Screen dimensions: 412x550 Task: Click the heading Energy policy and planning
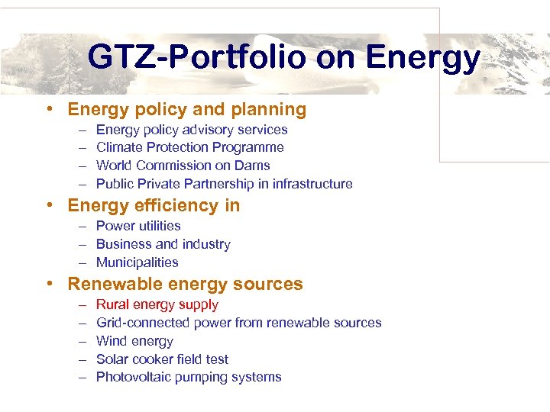pyautogui.click(x=186, y=110)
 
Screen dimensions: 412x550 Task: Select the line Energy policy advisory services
pyautogui.click(x=192, y=130)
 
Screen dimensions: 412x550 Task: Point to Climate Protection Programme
pyautogui.click(x=189, y=147)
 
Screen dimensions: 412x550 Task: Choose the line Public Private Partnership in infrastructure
pyautogui.click(x=224, y=184)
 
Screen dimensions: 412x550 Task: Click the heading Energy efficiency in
pyautogui.click(x=154, y=206)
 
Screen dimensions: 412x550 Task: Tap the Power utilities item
pyautogui.click(x=138, y=226)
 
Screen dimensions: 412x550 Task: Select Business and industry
pyautogui.click(x=163, y=244)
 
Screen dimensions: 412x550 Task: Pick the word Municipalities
pyautogui.click(x=137, y=262)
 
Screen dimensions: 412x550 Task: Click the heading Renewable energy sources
pyautogui.click(x=185, y=285)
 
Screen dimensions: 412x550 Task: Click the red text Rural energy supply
pyautogui.click(x=157, y=304)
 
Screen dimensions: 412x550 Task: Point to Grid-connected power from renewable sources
pyautogui.click(x=238, y=323)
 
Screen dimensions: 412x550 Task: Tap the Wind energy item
pyautogui.click(x=134, y=341)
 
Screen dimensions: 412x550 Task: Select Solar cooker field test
pyautogui.click(x=162, y=359)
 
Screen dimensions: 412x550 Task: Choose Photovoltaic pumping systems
pyautogui.click(x=189, y=377)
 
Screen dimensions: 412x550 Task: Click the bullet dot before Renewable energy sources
pyautogui.click(x=50, y=284)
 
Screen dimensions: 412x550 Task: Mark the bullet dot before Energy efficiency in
pyautogui.click(x=50, y=205)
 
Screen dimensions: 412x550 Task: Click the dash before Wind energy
pyautogui.click(x=81, y=341)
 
